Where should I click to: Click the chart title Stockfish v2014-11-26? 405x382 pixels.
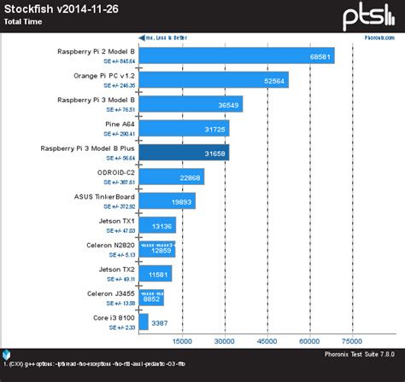click(x=57, y=10)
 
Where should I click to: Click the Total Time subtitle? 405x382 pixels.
click(x=26, y=23)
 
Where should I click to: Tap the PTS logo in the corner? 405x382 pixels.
click(x=368, y=16)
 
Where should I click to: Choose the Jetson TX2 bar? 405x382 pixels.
click(x=154, y=274)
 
